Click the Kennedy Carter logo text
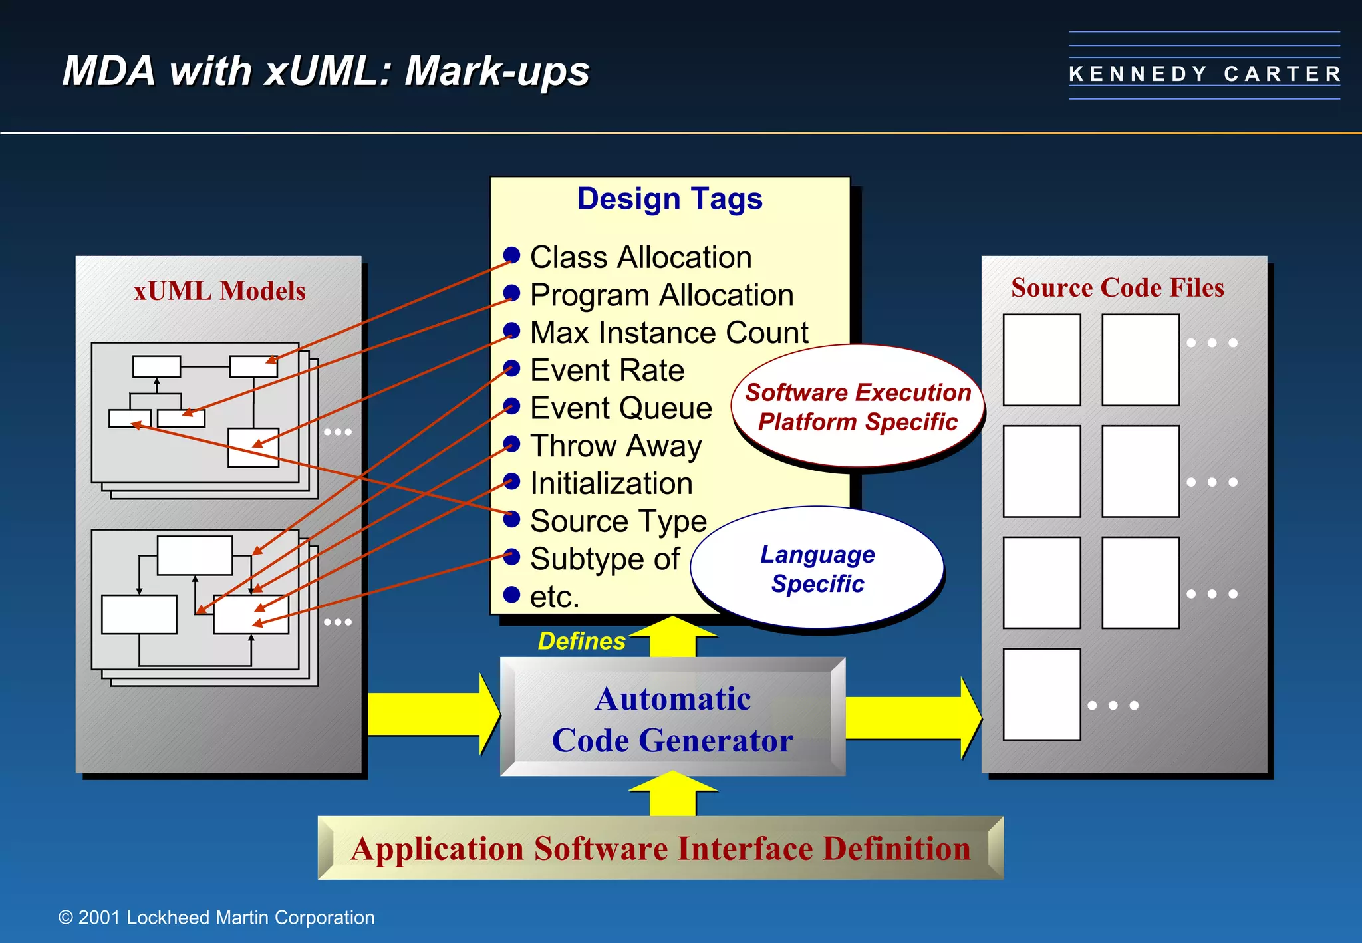coord(1204,74)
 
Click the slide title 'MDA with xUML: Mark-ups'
coord(326,71)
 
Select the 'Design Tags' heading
coord(669,199)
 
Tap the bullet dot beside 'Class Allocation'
coord(511,255)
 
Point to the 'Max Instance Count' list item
coord(668,333)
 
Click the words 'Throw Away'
coord(615,446)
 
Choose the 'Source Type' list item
coord(618,521)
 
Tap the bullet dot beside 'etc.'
coord(511,595)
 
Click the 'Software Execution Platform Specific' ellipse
coord(857,406)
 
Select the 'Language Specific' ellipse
coord(817,569)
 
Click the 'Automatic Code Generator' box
coord(672,718)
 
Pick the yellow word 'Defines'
coord(581,641)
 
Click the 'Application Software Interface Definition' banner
coord(660,848)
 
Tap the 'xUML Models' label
coord(219,291)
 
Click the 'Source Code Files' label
coord(1117,287)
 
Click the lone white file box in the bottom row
coord(1041,694)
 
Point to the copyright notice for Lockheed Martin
coord(217,918)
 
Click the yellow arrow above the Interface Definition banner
coord(672,795)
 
